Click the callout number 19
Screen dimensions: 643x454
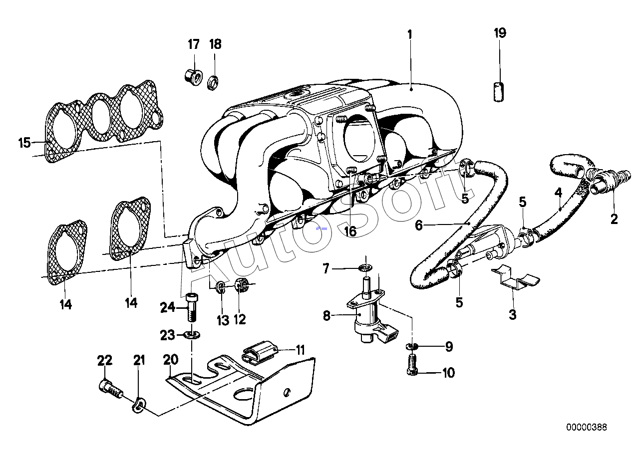pos(500,33)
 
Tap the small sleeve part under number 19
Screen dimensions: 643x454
pos(499,92)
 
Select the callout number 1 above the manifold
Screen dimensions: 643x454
pos(410,35)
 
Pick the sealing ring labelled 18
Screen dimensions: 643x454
pos(213,83)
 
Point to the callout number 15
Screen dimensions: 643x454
pos(24,143)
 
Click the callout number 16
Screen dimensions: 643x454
pos(350,231)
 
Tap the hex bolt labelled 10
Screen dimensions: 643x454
pos(412,364)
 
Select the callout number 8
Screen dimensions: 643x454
pos(326,316)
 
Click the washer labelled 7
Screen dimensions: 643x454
pos(365,268)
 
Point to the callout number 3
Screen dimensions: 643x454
pos(512,314)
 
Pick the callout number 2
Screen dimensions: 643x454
pos(614,220)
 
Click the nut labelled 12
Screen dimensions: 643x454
pos(241,285)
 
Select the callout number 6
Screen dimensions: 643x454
pos(419,226)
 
